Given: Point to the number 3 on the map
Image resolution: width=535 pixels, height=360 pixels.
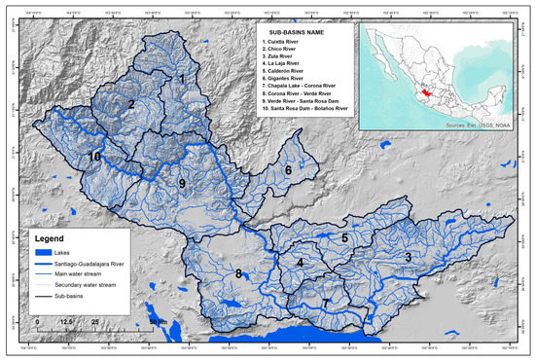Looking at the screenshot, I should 409,257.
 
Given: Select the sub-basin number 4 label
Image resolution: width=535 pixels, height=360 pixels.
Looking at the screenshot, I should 301,263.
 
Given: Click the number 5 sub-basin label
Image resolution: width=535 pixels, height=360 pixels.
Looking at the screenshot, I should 344,236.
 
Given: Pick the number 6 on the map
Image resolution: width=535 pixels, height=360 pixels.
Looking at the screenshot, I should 288,171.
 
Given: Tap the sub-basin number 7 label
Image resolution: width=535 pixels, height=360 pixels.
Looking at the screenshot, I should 326,304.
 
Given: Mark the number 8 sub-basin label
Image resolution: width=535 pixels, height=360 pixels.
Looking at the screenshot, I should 237,275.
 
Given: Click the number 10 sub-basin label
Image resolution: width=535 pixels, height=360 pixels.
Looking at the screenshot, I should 94,156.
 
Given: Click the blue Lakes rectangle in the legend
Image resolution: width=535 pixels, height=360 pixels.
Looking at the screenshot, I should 38,251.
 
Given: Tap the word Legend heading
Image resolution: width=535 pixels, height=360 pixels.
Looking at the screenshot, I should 51,237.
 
